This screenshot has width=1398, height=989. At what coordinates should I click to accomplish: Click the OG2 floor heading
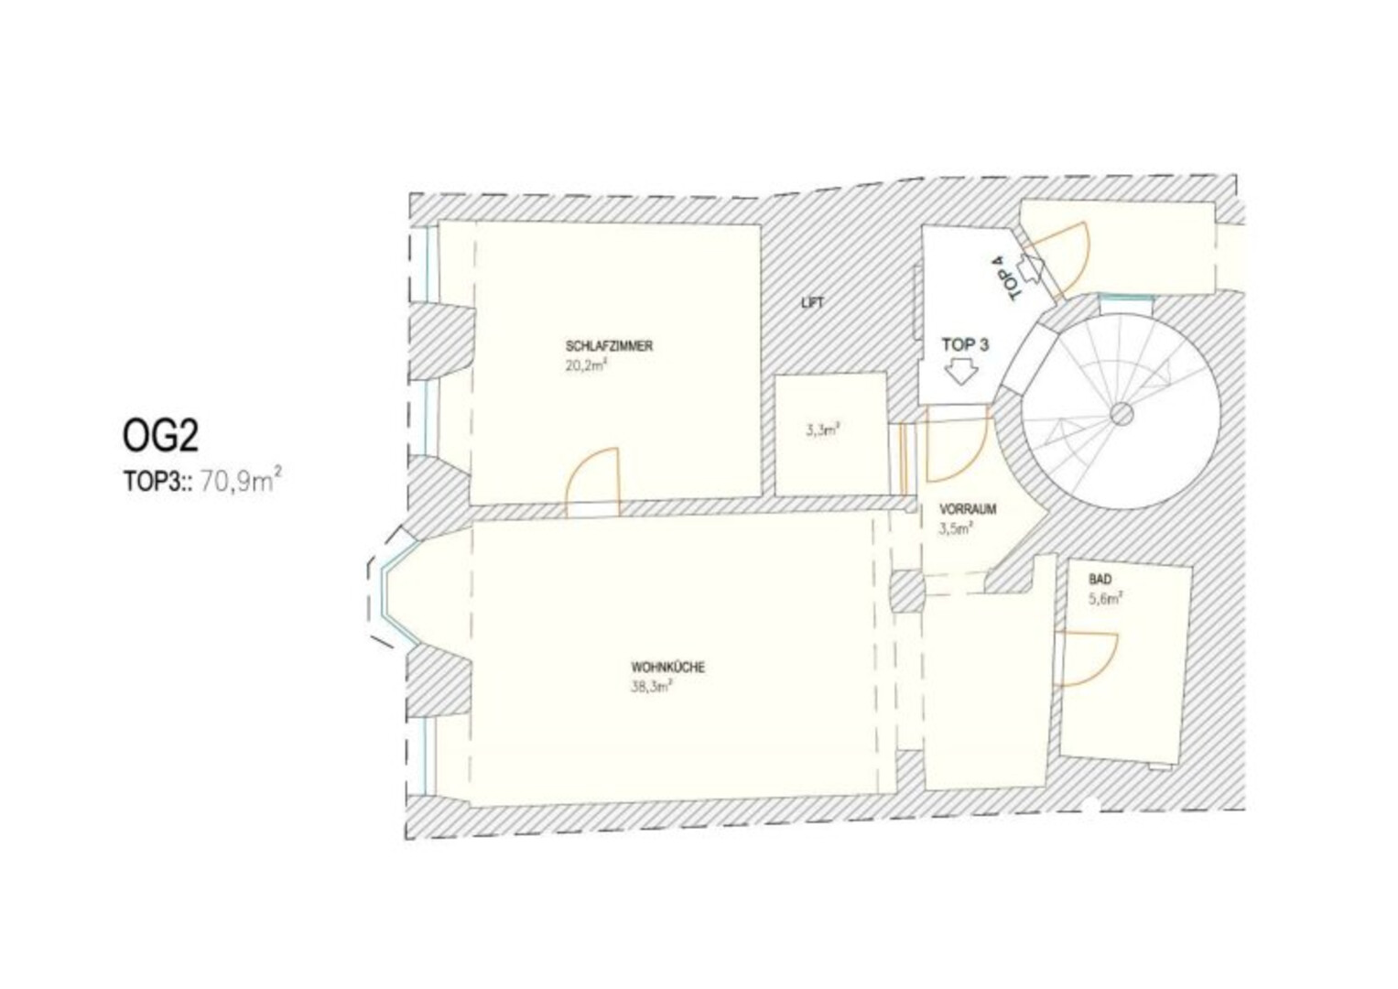tap(160, 436)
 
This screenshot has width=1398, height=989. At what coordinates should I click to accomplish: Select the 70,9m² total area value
tap(241, 482)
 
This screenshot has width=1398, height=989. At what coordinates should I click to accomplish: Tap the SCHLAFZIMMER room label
tap(609, 346)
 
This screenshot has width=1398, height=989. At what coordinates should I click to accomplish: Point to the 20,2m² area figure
tap(586, 365)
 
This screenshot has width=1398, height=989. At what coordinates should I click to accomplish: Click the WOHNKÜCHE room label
tap(667, 668)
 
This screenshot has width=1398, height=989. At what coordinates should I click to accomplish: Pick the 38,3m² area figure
tap(651, 687)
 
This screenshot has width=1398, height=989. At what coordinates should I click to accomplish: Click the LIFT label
tap(813, 303)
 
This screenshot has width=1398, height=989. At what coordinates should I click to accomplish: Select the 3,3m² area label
tap(822, 430)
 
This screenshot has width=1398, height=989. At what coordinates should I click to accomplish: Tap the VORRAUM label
tap(968, 509)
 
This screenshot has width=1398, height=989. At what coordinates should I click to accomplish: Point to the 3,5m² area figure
tap(956, 529)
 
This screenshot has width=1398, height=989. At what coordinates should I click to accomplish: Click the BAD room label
tap(1100, 580)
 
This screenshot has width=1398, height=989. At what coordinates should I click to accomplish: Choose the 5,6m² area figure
tap(1106, 599)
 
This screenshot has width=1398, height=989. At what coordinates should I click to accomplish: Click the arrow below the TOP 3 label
tap(960, 373)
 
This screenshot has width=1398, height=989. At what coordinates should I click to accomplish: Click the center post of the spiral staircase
tap(1122, 414)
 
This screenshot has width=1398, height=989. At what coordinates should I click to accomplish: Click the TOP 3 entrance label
tap(965, 344)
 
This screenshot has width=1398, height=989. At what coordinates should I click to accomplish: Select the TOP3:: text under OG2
tap(157, 482)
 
